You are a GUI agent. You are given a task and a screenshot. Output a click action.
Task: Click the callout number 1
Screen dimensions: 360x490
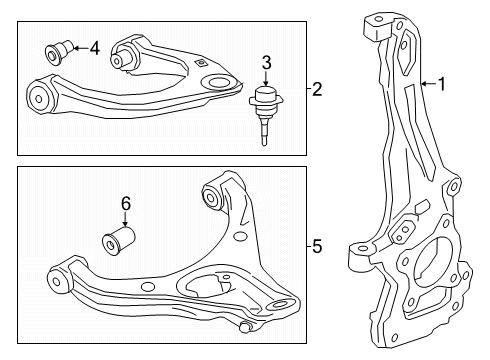441,85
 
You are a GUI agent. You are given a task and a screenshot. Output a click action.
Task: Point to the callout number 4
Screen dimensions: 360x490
94,47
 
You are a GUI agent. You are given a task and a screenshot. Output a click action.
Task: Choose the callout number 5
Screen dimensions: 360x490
316,243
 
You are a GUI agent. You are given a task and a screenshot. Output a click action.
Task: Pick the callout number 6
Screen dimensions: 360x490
126,205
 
